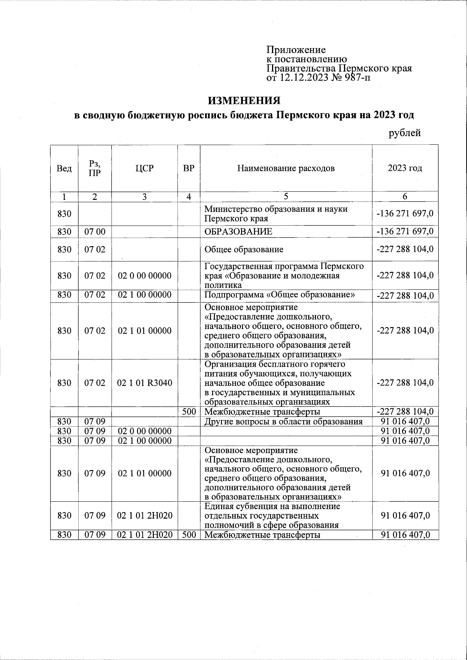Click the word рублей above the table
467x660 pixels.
click(405, 133)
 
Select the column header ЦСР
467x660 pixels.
click(144, 168)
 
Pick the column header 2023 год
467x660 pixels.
click(405, 168)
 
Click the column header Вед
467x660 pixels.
click(64, 168)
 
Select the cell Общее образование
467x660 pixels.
click(244, 249)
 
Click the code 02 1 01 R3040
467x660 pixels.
click(144, 383)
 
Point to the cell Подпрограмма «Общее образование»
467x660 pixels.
click(279, 295)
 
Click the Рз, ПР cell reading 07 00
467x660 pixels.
click(95, 232)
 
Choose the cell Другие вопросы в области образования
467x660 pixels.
click(283, 422)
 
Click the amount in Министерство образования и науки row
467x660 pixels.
click(405, 214)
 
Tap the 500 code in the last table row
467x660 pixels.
click(189, 535)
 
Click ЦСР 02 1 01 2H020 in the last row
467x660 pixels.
click(144, 535)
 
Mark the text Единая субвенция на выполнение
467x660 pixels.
click(272, 507)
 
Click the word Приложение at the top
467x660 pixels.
click(296, 50)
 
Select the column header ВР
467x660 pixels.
click(189, 168)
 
